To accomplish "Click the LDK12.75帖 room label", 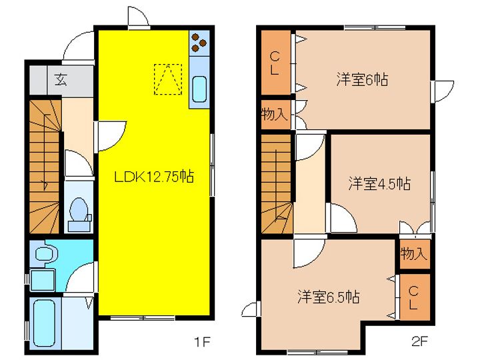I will tap(153, 177).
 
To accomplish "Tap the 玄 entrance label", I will tap(61, 80).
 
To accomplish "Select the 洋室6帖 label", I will tap(361, 80).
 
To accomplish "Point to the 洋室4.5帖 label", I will tap(379, 184).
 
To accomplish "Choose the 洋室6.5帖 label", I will tap(328, 296).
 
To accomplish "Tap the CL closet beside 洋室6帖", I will tap(275, 63).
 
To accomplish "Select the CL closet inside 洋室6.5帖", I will tap(413, 297).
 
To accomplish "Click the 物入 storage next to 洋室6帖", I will tap(274, 114).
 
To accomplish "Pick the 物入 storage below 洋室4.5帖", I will tap(413, 254).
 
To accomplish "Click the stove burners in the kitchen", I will tap(199, 43).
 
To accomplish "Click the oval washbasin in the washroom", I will tap(45, 253).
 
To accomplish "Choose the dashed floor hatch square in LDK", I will tap(167, 79).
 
